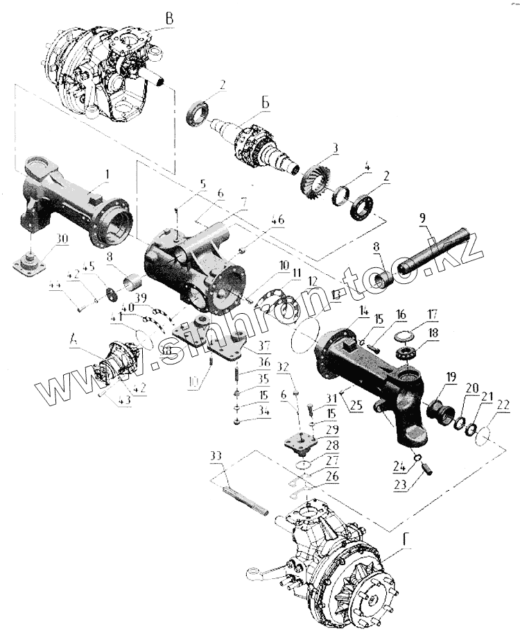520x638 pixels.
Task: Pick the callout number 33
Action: pos(216,455)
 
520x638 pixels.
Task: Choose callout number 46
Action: pos(278,221)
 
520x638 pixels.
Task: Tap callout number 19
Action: pos(451,376)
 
